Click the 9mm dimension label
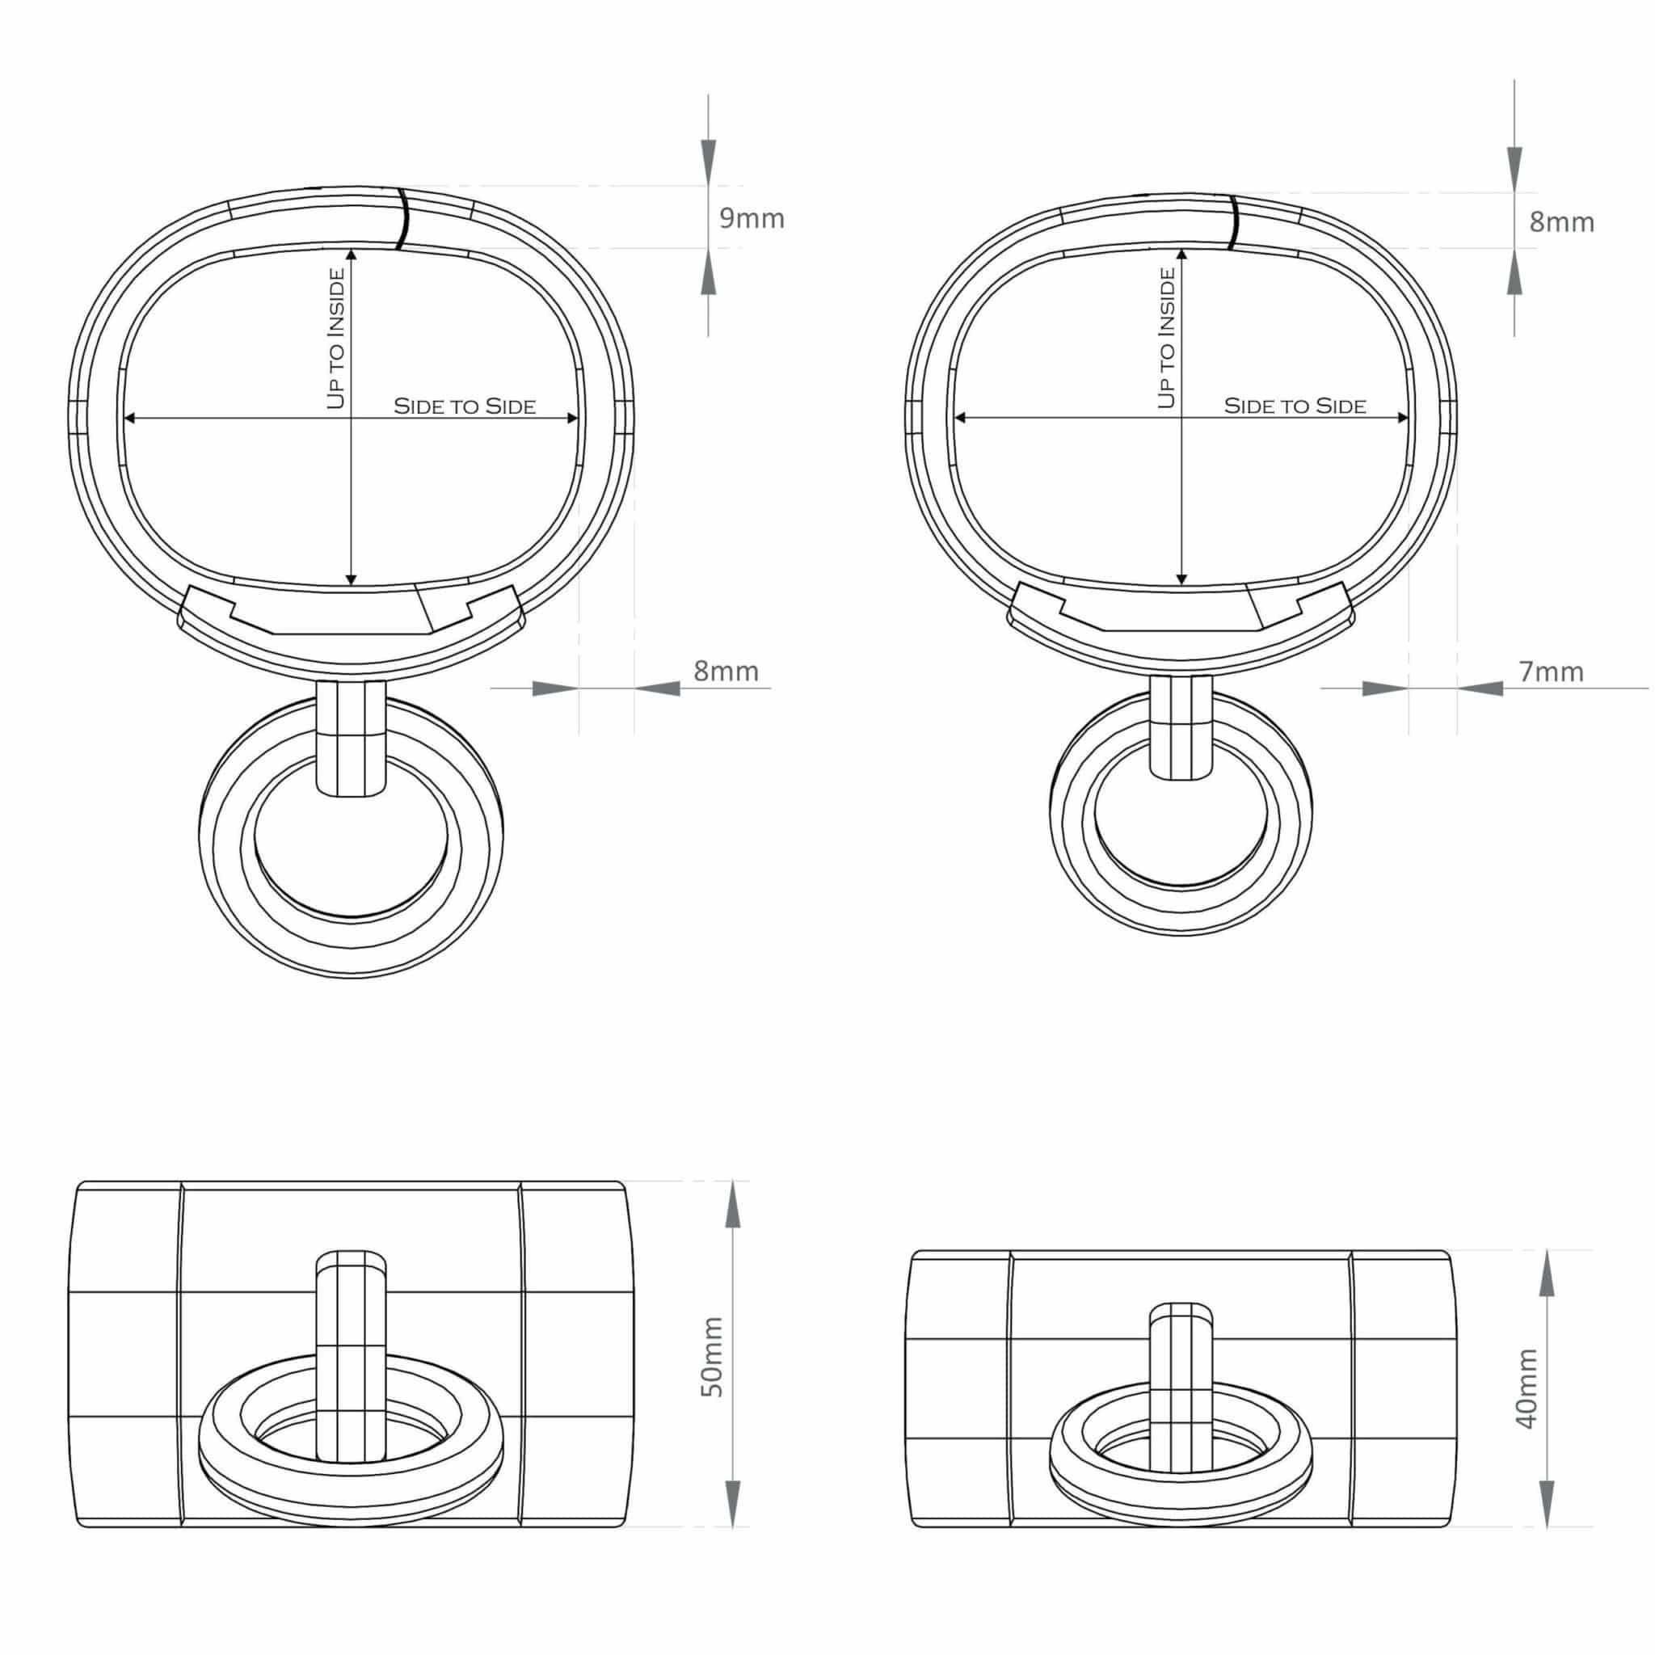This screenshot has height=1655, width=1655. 752,218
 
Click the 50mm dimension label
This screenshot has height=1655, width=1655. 713,1369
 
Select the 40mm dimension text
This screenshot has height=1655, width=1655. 1527,1400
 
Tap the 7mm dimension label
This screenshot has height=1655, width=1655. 1552,672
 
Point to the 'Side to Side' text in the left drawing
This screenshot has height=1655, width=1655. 465,406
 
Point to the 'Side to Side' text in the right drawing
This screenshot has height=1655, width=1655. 1295,406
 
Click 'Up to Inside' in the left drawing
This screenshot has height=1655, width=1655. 337,339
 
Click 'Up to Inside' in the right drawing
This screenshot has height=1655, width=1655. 1167,339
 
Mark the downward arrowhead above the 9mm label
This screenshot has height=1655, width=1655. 708,161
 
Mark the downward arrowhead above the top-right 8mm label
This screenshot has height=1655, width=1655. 1514,168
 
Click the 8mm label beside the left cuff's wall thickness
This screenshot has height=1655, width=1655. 726,671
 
